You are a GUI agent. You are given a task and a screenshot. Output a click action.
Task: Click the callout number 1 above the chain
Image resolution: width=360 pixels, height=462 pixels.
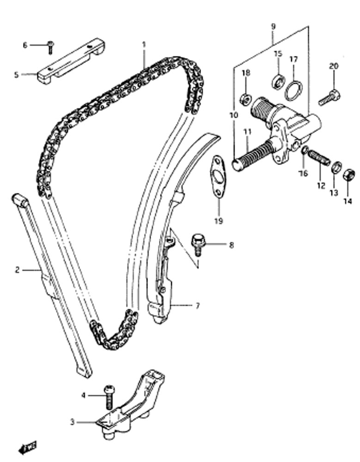[x=144, y=45]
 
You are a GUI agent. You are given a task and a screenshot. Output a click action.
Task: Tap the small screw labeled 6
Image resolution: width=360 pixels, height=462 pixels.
[x=50, y=48]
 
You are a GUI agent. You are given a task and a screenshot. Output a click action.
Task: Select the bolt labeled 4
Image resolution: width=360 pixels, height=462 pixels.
[x=109, y=397]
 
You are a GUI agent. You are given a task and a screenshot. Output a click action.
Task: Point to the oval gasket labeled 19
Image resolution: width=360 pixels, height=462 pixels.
[x=218, y=176]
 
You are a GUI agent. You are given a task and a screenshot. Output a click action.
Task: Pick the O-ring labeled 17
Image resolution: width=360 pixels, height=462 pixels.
[x=293, y=90]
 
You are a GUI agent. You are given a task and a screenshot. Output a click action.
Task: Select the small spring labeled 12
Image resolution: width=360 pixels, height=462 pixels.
[x=319, y=158]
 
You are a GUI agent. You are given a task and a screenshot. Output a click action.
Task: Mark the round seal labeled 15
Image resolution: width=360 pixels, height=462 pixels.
[x=279, y=82]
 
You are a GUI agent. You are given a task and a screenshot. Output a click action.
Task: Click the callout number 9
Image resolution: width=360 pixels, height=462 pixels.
[x=273, y=26]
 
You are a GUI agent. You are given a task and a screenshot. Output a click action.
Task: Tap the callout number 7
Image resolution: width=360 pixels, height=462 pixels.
[x=197, y=305]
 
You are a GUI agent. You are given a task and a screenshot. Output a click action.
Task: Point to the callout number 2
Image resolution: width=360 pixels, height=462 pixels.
[x=17, y=270]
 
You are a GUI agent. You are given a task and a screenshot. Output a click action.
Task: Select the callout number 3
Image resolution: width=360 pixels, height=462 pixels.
[x=73, y=422]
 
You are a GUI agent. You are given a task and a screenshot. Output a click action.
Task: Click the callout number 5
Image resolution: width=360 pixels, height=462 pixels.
[x=16, y=75]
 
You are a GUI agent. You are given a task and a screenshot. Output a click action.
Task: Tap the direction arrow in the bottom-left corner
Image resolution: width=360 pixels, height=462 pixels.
[x=27, y=448]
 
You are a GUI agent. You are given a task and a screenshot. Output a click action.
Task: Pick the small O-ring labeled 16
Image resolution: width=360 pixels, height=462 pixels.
[x=305, y=150]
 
